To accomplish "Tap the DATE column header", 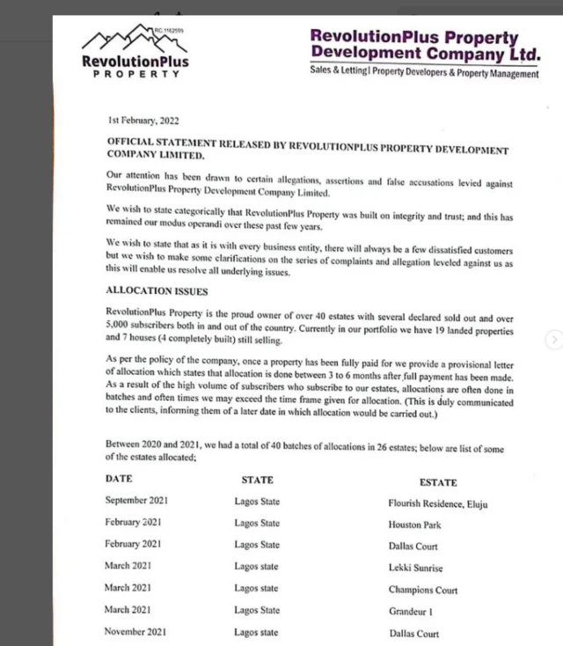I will point(119,480).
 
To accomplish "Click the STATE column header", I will point(257,481).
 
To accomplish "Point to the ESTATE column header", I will point(438,482).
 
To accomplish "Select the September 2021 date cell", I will point(136,501).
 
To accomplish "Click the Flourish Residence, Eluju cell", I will point(437,504).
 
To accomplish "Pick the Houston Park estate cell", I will point(414,525).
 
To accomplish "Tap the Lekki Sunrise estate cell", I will point(415,569).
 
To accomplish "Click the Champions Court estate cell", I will point(422,590).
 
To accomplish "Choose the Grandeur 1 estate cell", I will point(411,612).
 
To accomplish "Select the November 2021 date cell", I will point(135,632).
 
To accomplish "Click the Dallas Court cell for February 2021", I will point(413,547).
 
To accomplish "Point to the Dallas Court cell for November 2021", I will point(413,634).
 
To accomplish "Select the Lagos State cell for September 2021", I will point(257,501).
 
